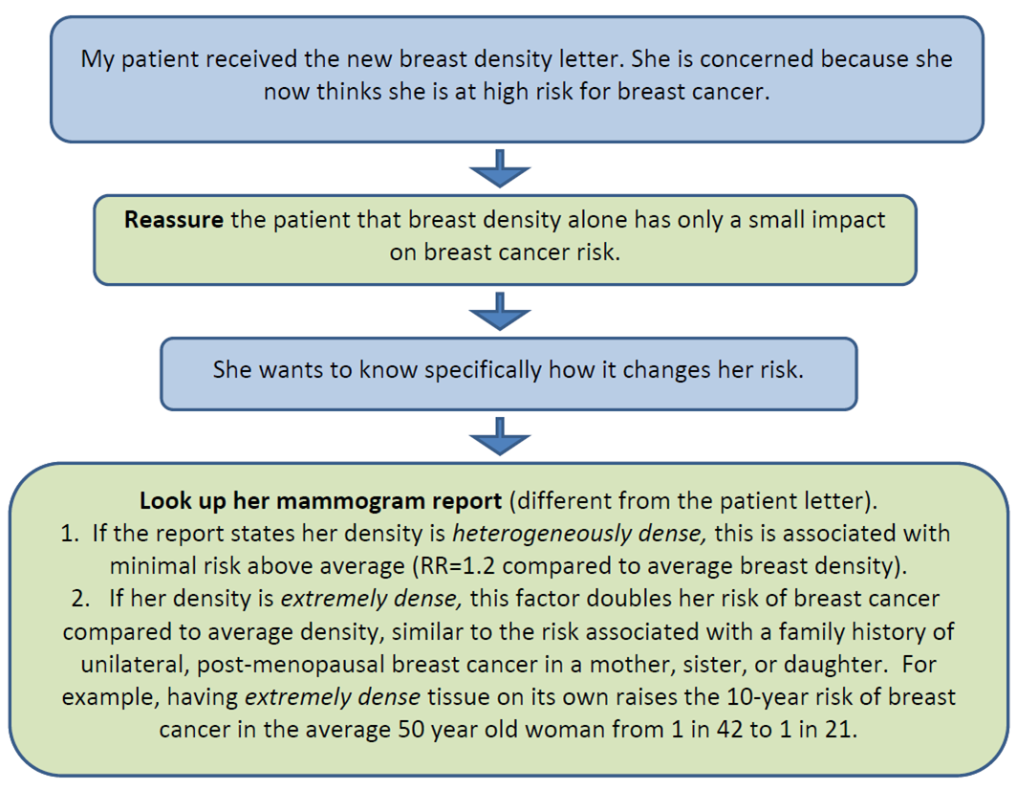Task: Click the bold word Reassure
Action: [x=174, y=219]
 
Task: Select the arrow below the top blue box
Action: [x=500, y=168]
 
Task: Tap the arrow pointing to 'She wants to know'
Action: [x=500, y=311]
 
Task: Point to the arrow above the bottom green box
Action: [x=500, y=436]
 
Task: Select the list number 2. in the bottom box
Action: [x=80, y=599]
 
